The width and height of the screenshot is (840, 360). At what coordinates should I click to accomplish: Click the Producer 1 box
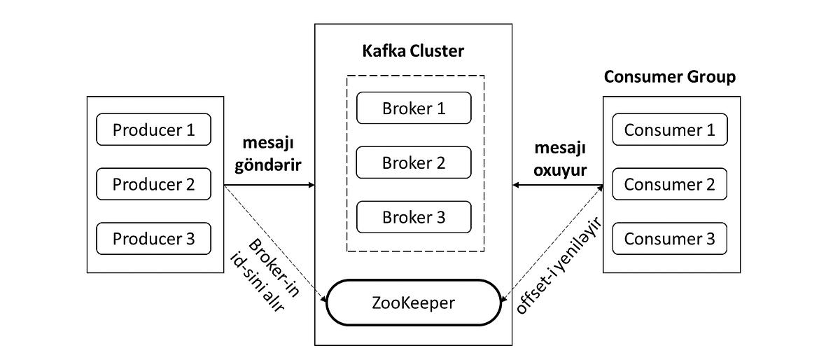[x=153, y=130]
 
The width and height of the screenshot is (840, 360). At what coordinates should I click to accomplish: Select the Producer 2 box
[x=153, y=184]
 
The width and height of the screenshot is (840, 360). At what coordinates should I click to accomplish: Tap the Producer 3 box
[x=153, y=239]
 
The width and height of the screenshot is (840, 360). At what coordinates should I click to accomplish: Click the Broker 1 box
[x=414, y=109]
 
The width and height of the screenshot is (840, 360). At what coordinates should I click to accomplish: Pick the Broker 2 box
[x=414, y=162]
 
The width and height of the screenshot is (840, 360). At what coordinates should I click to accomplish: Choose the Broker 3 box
[x=414, y=217]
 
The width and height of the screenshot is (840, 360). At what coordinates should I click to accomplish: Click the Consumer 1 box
[x=669, y=130]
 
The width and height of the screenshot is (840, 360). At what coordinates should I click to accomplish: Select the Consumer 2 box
[x=669, y=184]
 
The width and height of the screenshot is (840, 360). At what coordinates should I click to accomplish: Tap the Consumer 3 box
[x=669, y=239]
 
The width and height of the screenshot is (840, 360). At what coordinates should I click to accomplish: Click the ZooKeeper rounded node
[x=414, y=303]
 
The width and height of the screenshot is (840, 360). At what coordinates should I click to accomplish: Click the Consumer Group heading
[x=669, y=76]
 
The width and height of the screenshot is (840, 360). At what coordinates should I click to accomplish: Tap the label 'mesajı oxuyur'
[x=559, y=160]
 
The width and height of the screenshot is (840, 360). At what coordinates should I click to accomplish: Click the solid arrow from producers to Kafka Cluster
[x=269, y=186]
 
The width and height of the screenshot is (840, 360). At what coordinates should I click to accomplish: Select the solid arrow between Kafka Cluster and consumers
[x=558, y=186]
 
